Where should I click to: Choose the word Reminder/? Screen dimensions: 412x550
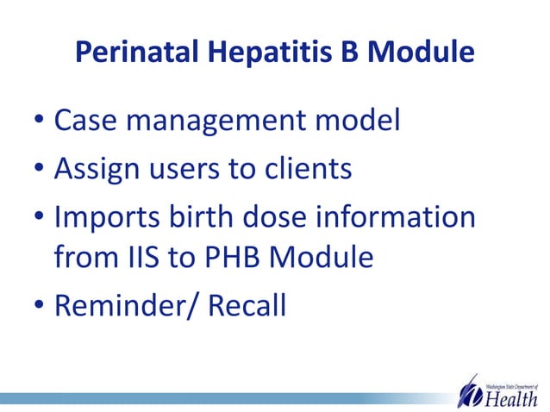pyautogui.click(x=126, y=304)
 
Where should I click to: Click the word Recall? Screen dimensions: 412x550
pyautogui.click(x=247, y=304)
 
